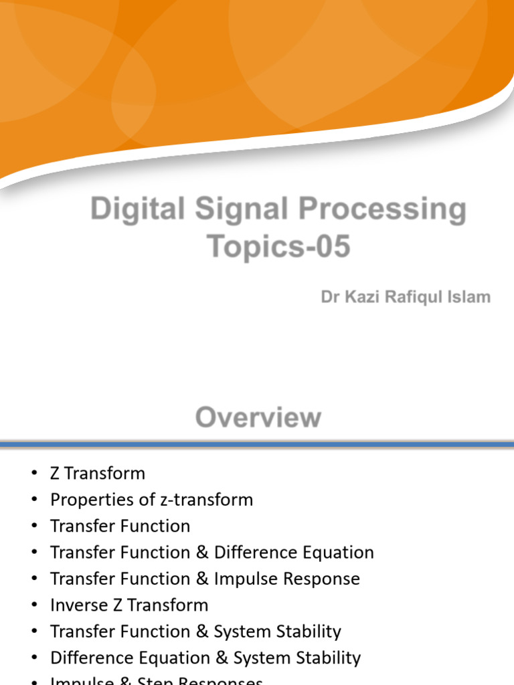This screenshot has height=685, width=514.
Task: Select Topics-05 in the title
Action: click(278, 246)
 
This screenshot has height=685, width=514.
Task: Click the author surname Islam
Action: click(469, 297)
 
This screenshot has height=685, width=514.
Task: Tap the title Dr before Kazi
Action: click(329, 297)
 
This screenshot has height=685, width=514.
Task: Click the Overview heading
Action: click(258, 418)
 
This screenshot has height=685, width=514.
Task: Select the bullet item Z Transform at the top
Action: click(98, 474)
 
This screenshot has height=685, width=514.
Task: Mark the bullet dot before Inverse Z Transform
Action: click(35, 605)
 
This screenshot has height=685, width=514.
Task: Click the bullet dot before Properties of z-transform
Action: click(35, 500)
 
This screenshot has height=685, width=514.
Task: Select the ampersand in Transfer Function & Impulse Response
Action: click(202, 579)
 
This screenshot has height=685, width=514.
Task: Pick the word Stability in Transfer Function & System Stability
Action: click(308, 631)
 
